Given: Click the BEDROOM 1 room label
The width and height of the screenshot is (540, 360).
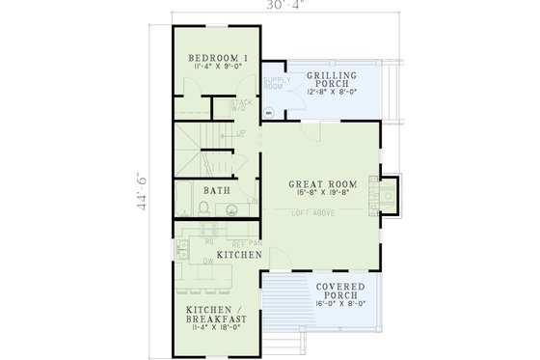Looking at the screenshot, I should coord(218,58).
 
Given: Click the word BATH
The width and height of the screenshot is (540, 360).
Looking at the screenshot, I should coord(216,190).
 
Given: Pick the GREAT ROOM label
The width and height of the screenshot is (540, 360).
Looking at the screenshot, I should coord(323,182).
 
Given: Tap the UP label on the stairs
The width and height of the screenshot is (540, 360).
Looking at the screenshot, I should coord(240,134).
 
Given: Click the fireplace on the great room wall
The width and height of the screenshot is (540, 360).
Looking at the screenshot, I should coord(388,194).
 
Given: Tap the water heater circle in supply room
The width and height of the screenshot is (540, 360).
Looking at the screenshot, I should coord(269,112).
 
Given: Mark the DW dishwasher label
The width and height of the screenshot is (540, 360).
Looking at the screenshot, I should coord(194,261).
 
